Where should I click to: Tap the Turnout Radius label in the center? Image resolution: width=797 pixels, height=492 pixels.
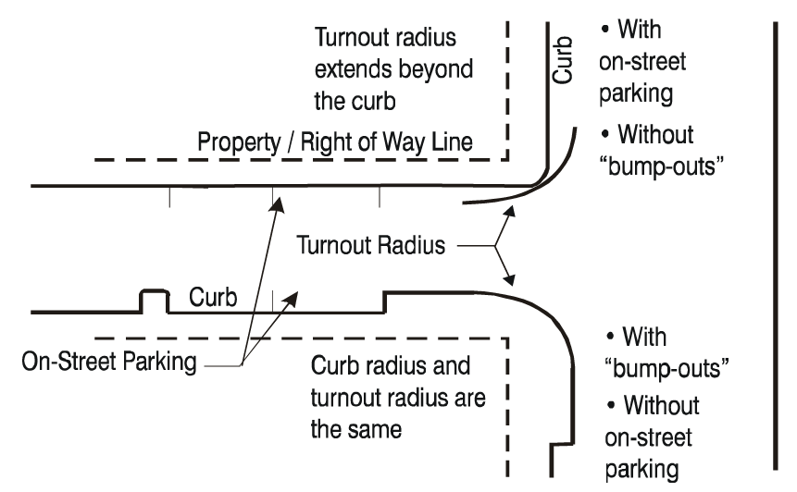coord(370,247)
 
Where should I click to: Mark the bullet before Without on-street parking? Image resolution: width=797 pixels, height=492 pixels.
coord(612,405)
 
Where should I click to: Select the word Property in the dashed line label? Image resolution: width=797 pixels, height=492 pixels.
coord(232,143)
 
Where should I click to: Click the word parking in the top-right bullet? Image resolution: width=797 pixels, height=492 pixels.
coord(635,93)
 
